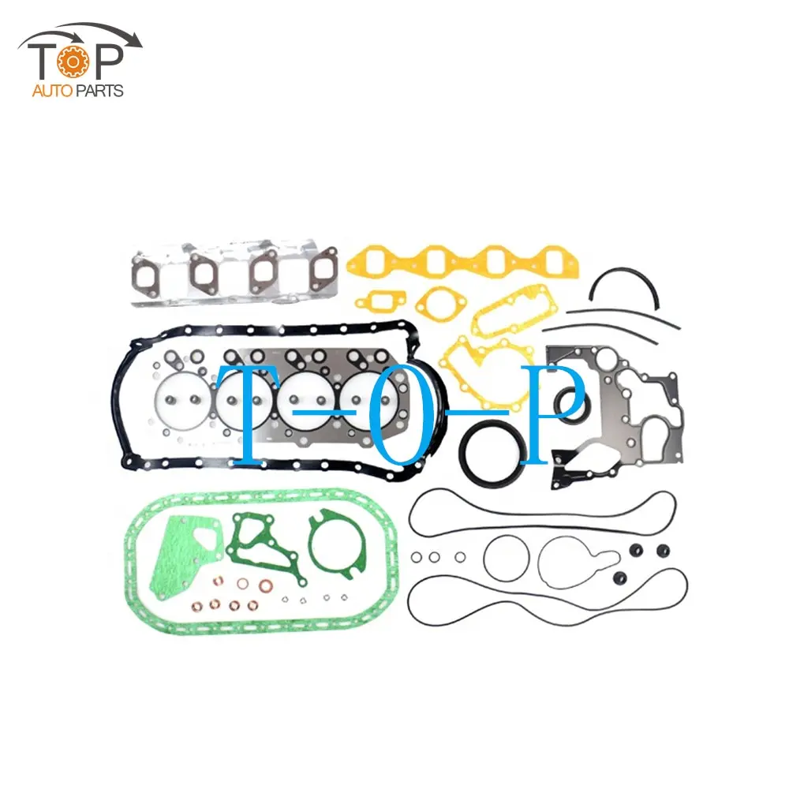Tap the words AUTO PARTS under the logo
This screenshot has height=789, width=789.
point(77,91)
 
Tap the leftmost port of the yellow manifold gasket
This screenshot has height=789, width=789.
point(380,260)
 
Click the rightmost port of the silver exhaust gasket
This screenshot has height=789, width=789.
point(323,273)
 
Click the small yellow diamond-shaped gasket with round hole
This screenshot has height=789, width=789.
point(432,301)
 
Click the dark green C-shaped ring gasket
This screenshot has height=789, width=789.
point(336,544)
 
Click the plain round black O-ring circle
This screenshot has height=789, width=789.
point(505,557)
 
